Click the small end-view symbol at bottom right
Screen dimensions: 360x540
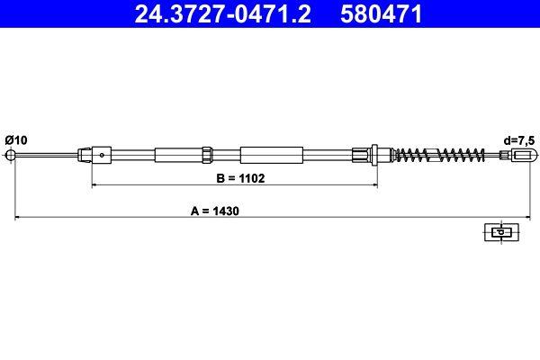point(497,232)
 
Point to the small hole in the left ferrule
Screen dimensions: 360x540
point(103,155)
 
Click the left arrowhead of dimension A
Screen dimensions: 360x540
point(15,218)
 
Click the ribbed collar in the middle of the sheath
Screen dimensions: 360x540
point(207,155)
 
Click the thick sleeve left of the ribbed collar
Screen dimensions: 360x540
point(178,155)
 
